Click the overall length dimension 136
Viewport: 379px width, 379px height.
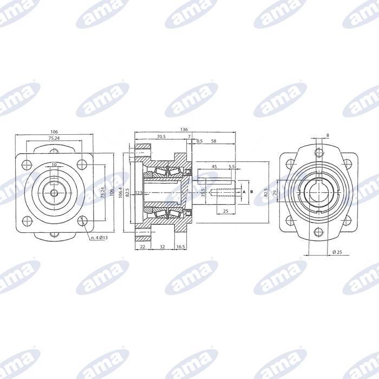[x=185, y=129]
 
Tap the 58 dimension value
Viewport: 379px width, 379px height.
[x=214, y=141]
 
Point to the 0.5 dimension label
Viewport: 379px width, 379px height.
[x=199, y=141]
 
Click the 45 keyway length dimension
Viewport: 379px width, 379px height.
[x=214, y=167]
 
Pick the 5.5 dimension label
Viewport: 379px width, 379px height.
[x=232, y=167]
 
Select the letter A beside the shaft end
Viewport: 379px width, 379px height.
[x=244, y=192]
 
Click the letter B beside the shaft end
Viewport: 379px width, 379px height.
[x=252, y=192]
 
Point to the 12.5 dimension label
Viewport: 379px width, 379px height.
[x=139, y=192]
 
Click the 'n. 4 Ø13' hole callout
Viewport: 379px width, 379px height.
[x=101, y=238]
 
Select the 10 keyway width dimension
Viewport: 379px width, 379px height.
[x=54, y=165]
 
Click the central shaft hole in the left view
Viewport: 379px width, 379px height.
[x=54, y=192]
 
